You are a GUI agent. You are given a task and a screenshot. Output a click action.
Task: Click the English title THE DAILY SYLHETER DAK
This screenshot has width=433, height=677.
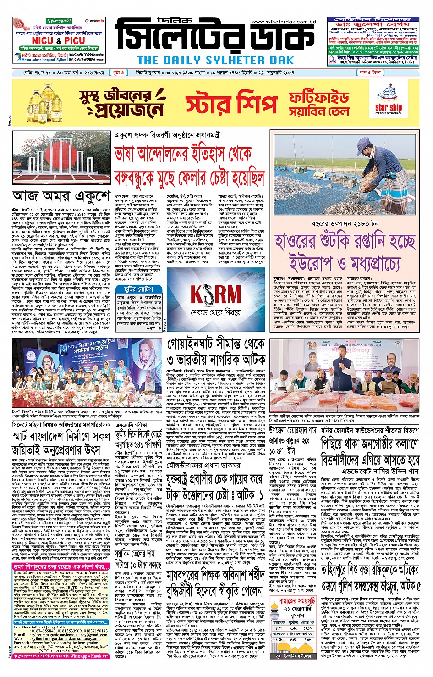215,60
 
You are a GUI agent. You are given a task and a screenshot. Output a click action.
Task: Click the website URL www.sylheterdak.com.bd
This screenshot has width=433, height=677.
284,22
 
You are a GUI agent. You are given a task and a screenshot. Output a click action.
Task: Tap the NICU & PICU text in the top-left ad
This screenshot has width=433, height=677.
58,41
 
